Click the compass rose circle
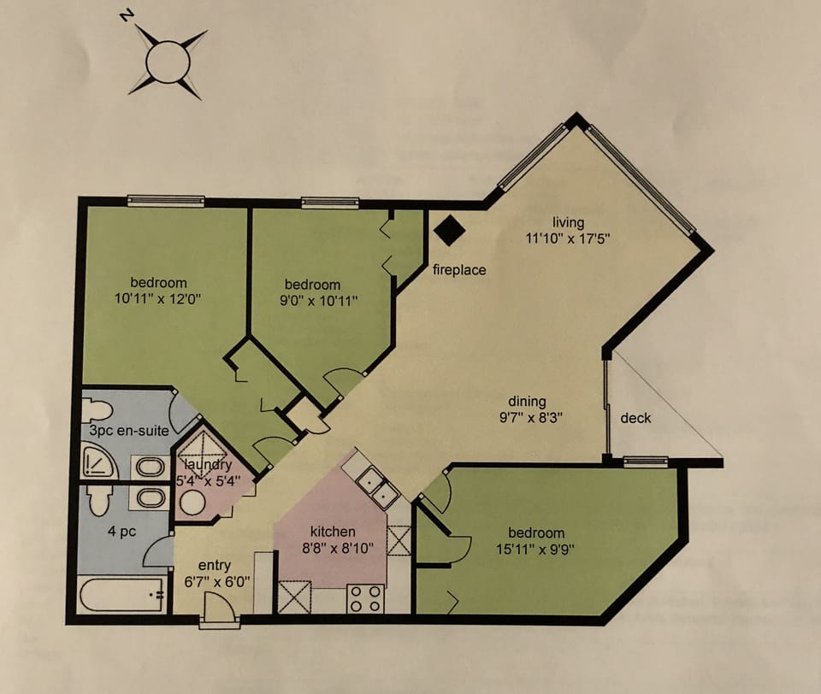[x=167, y=62]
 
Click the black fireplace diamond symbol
[x=450, y=229]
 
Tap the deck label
[x=635, y=418]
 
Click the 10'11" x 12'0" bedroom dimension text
[x=158, y=299]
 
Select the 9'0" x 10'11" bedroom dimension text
[x=312, y=300]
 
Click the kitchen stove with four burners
[x=366, y=598]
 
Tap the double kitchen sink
[x=377, y=489]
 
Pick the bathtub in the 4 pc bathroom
[x=121, y=594]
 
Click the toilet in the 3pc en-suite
[x=97, y=409]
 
